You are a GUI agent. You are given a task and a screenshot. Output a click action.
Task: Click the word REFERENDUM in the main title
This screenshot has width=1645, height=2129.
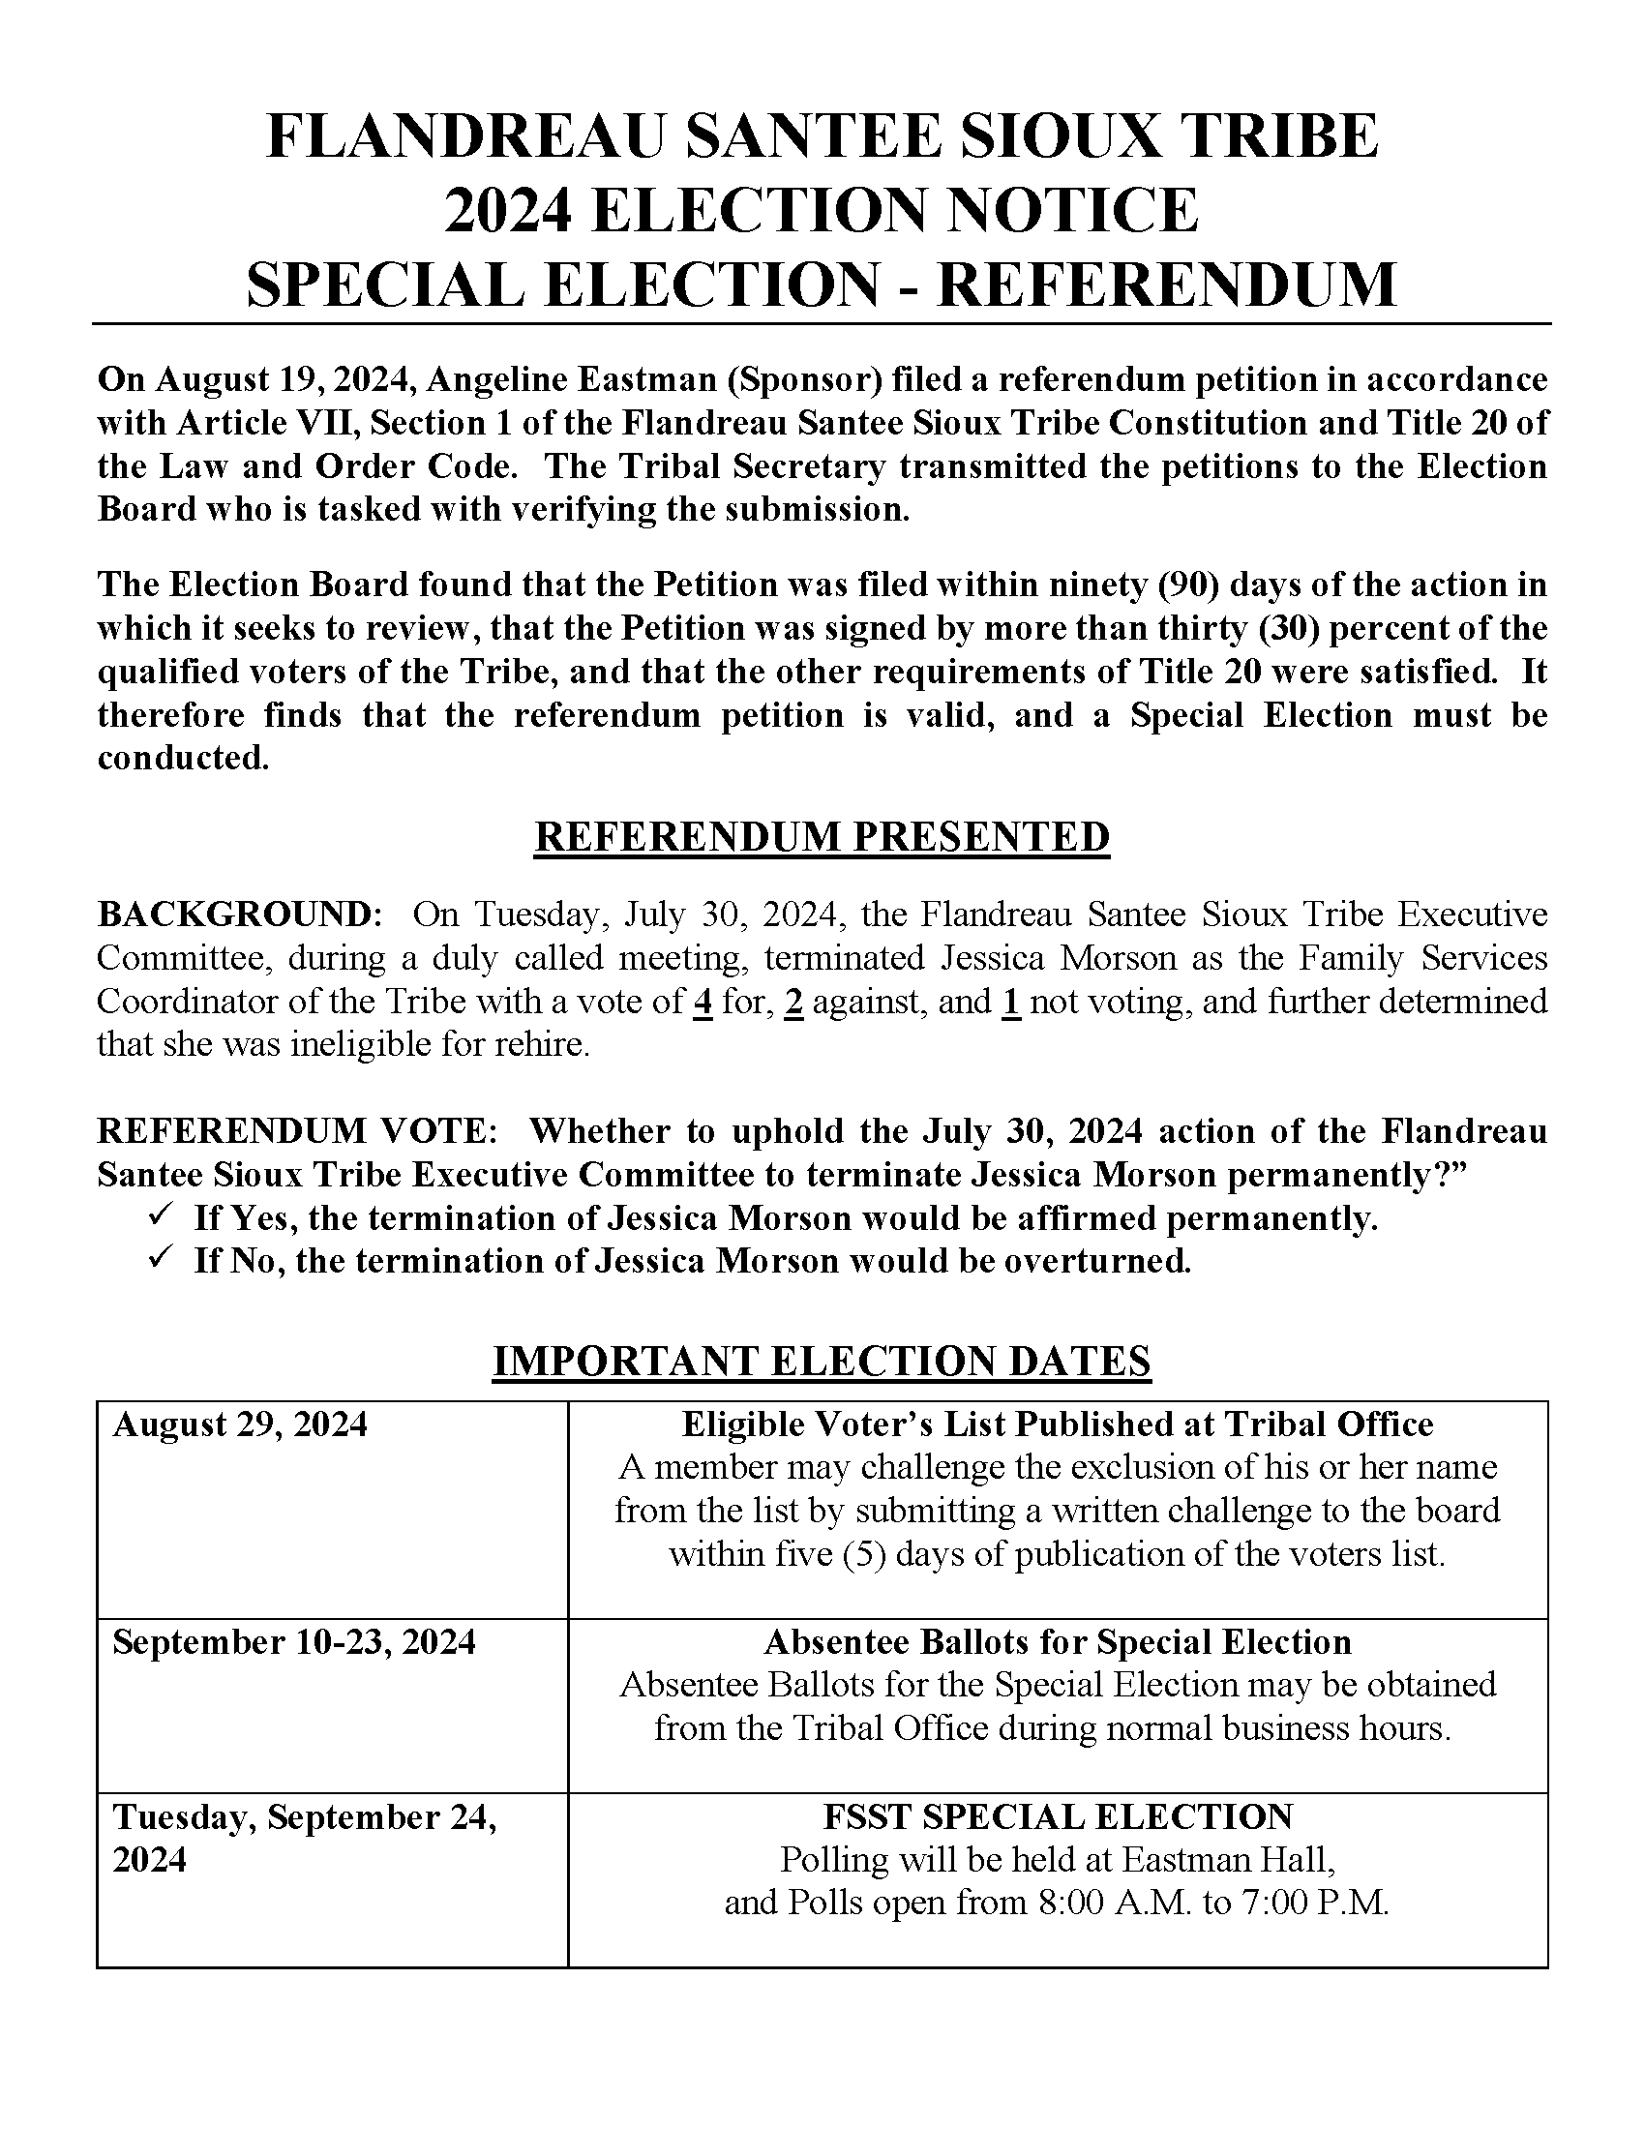1167,284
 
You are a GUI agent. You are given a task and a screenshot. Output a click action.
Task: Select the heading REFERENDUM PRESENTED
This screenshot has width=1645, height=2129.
822,837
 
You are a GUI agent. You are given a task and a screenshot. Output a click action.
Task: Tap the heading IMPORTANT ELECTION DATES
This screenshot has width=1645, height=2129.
822,1361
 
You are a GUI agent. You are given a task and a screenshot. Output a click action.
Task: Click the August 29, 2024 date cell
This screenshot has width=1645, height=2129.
240,1424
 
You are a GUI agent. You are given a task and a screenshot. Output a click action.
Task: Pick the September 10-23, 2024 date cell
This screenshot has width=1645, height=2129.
294,1641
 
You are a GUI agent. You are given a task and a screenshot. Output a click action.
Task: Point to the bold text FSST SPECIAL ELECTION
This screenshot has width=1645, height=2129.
1058,1817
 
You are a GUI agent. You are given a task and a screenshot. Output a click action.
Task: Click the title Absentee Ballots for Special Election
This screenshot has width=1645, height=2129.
1058,1641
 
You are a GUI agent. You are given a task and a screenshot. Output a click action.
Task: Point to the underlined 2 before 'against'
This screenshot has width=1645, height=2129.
794,1003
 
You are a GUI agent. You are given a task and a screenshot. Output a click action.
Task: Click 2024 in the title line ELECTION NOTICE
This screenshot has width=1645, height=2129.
507,209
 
